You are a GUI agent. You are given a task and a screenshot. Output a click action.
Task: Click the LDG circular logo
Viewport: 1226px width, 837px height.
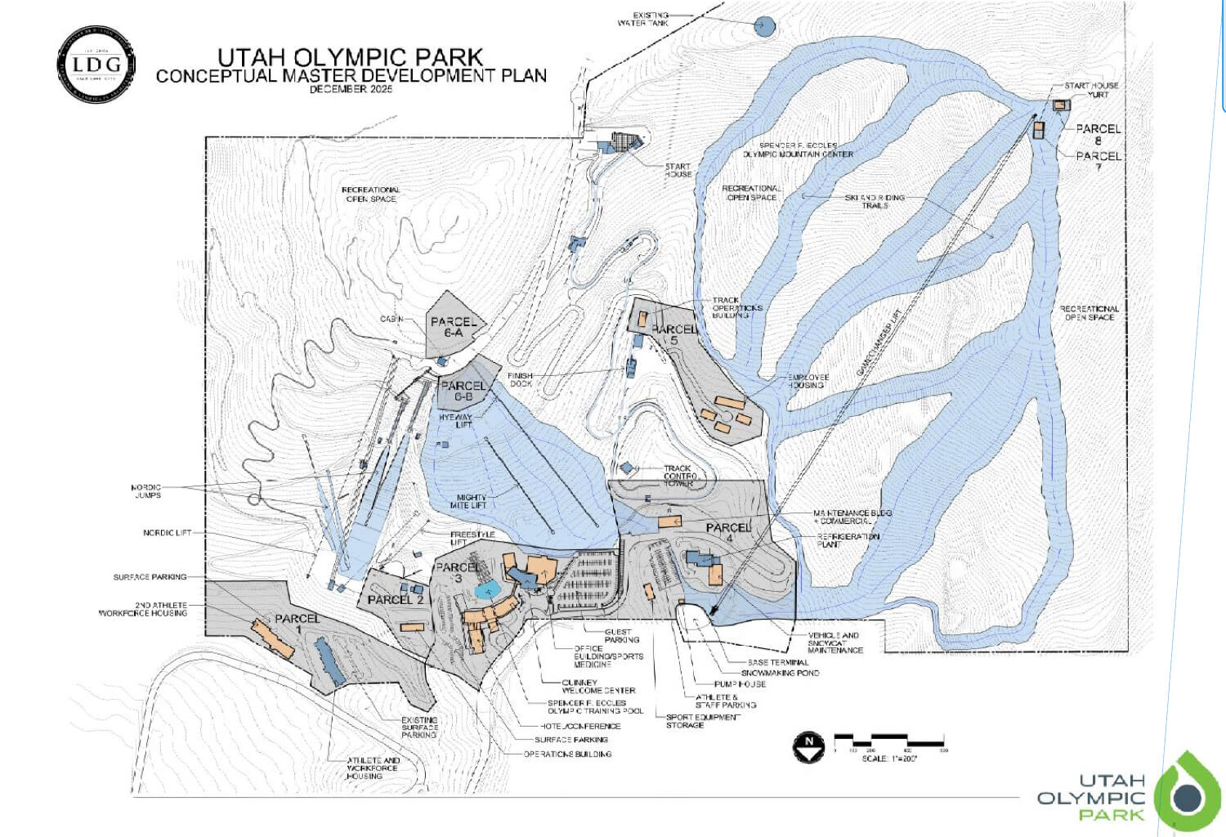96,65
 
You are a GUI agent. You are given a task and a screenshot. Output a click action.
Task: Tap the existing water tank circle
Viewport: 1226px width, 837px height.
763,27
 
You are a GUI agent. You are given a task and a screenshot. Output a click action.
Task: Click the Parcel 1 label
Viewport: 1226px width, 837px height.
297,624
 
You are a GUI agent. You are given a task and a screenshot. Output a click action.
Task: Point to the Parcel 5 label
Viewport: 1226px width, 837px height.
674,334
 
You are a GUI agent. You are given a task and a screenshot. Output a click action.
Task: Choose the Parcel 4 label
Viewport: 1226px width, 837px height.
729,533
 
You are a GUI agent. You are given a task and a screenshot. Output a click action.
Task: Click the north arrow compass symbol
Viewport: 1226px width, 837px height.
809,746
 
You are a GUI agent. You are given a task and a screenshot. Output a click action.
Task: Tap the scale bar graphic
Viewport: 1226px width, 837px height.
889,742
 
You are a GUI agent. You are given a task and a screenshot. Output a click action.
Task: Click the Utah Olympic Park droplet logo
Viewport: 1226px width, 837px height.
1188,794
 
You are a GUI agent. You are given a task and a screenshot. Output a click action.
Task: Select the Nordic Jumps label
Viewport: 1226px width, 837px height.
147,491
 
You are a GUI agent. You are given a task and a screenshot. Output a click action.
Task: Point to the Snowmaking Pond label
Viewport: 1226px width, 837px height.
780,673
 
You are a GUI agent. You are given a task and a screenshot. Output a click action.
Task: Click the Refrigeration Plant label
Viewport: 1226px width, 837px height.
848,540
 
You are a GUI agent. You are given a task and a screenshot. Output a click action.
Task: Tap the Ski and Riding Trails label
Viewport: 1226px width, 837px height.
875,201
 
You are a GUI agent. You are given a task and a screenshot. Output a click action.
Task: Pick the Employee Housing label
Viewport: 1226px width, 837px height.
808,381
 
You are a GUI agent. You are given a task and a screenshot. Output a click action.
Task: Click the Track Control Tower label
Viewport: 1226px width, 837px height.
679,476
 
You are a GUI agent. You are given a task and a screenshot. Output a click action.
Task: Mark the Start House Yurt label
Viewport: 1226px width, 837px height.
1092,90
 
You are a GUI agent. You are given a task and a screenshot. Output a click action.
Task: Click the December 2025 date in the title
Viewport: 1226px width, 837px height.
351,89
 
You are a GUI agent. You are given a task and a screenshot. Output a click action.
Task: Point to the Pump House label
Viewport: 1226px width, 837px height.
741,684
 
